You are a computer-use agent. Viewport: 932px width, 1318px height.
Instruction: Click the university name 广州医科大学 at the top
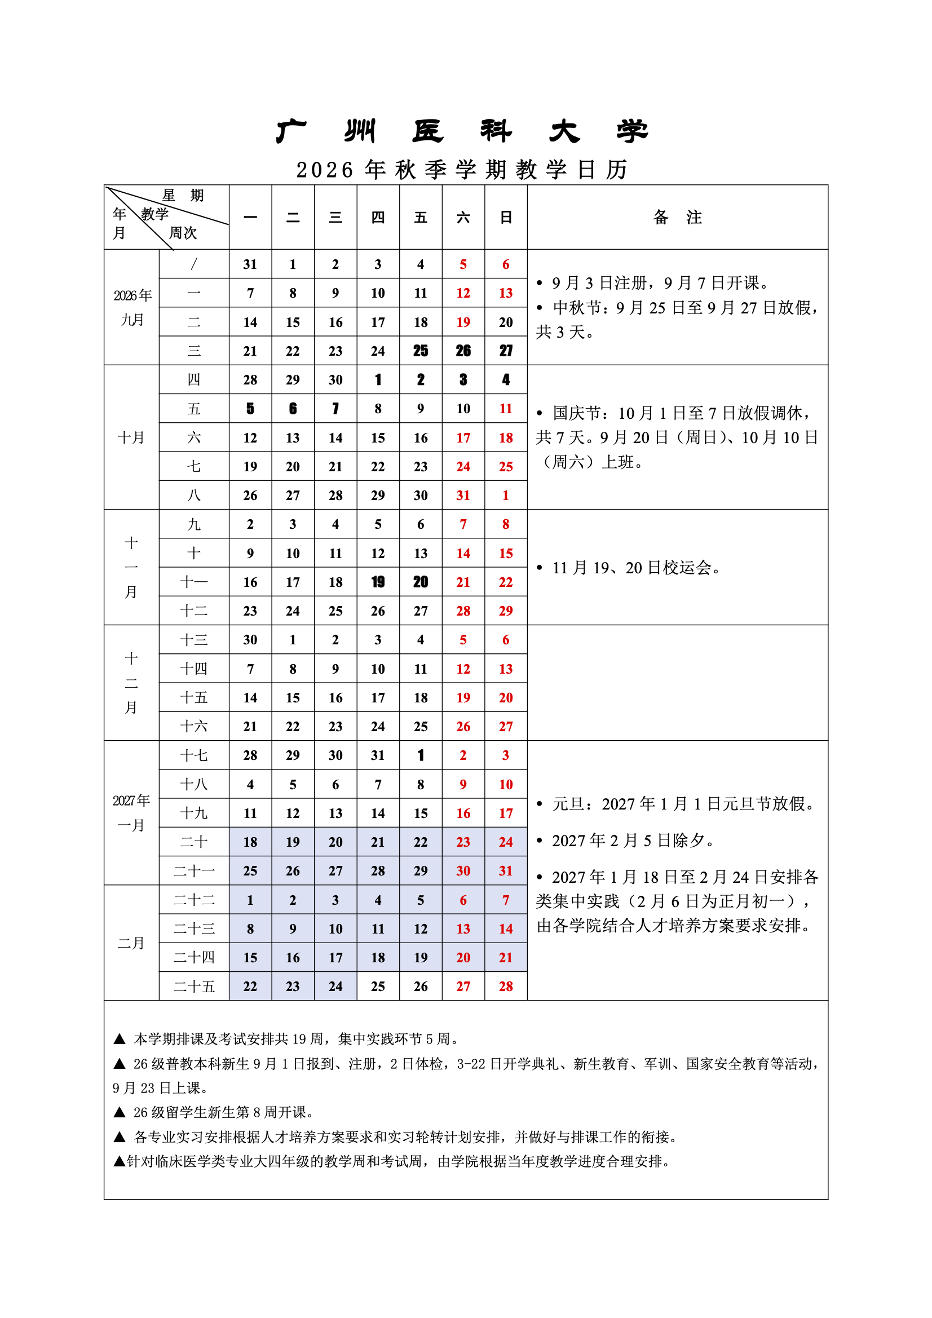pos(462,131)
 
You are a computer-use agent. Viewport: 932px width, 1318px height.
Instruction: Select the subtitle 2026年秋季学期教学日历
pos(462,170)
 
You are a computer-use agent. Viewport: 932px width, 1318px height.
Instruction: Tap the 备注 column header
pos(677,217)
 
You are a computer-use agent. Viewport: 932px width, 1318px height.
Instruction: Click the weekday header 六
pos(463,218)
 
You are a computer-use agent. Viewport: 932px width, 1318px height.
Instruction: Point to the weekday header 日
pos(505,218)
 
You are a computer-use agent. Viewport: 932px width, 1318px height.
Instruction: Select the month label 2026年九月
pos(132,307)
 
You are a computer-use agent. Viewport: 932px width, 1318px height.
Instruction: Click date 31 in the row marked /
pos(250,264)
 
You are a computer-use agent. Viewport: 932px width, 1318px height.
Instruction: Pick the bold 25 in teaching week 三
pos(421,351)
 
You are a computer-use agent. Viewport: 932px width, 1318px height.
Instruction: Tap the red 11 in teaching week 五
pos(505,409)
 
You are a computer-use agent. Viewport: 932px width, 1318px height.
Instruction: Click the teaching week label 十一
pos(193,582)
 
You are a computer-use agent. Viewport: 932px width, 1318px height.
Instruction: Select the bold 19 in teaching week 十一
pos(378,582)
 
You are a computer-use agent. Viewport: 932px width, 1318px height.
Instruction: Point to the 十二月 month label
pos(131,683)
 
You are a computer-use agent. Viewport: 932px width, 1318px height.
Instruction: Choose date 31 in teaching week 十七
pos(378,755)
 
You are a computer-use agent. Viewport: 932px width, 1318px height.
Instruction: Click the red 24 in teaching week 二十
pos(505,842)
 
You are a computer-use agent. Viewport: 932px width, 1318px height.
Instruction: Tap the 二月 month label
pos(131,943)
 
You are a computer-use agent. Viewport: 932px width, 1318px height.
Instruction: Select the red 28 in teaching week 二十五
pos(505,987)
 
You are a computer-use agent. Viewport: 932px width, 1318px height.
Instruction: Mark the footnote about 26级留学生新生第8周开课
pos(224,1112)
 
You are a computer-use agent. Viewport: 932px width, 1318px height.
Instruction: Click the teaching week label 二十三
pos(193,929)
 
